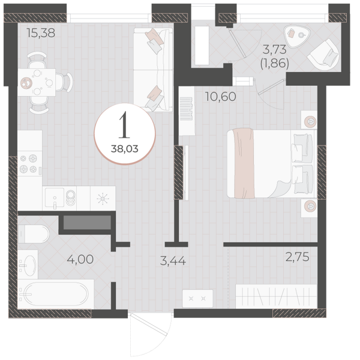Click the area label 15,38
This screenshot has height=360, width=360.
[41, 33]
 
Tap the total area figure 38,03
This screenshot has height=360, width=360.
[125, 149]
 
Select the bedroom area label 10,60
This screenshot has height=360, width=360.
[221, 97]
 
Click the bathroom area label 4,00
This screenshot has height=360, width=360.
[80, 259]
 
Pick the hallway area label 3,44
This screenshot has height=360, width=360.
[173, 261]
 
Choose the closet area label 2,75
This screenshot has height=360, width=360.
[298, 257]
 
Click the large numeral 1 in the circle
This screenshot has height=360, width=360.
[124, 125]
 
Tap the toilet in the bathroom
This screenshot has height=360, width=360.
[34, 234]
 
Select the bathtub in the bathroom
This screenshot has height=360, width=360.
[56, 294]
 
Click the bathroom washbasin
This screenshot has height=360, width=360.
[28, 265]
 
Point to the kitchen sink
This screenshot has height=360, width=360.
[55, 197]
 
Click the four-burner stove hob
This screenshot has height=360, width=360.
[30, 164]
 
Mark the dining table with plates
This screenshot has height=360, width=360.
[37, 82]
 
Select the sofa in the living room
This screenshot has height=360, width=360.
[153, 70]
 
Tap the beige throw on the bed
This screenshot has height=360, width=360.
[244, 163]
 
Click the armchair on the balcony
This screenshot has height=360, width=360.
[324, 55]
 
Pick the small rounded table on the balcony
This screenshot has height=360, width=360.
[297, 36]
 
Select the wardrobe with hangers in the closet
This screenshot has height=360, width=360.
[277, 296]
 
